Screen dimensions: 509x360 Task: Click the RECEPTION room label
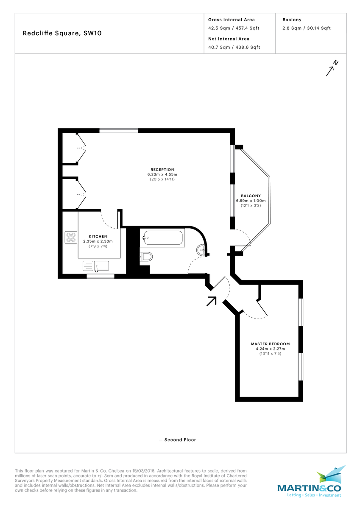pos(162,170)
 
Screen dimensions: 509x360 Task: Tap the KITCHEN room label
pos(98,236)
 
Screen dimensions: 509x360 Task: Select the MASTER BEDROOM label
pos(270,344)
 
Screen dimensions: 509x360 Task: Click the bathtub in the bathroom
pos(163,238)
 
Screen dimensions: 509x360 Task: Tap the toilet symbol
pos(146,256)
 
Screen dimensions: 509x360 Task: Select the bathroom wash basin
pos(201,251)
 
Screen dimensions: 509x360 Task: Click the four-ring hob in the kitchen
pos(71,238)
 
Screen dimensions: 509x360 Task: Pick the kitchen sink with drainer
pos(96,266)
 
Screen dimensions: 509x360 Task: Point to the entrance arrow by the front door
pos(211,301)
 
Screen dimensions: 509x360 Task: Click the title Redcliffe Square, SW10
pos(62,34)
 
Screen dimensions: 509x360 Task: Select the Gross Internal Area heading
pos(232,20)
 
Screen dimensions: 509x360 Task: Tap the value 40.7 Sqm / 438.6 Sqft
pos(234,47)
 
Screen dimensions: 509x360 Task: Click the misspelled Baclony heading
pos(292,20)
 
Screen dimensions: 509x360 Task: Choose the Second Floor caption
pos(177,440)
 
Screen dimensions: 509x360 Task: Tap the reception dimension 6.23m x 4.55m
pos(162,174)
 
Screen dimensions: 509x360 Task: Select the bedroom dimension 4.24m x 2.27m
pos(270,349)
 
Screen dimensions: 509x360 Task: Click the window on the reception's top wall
pos(119,131)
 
